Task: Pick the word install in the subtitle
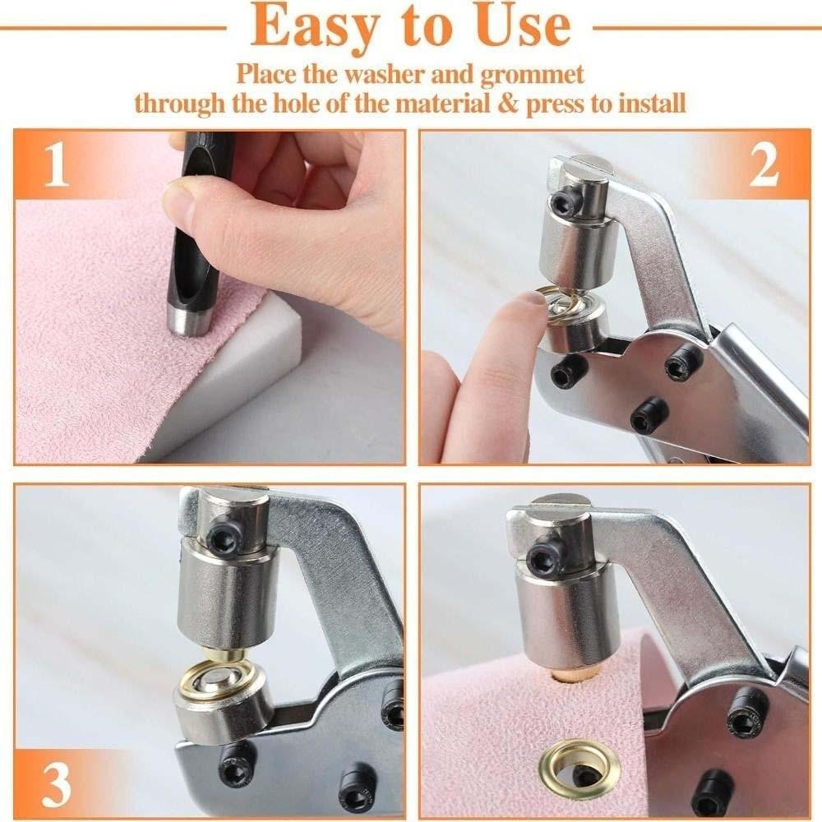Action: point(647,105)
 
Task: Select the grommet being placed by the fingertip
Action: point(560,302)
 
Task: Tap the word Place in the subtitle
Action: point(267,74)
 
